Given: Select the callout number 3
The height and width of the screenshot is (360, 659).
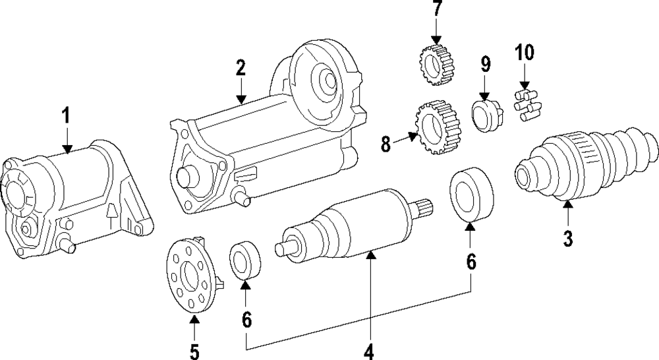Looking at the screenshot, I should coord(568,237).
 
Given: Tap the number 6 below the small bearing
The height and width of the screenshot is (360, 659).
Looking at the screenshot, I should coord(246,320).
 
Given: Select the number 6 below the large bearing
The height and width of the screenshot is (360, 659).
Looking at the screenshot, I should coord(471,262).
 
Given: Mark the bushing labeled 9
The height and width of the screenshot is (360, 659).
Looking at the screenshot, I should coord(487,115).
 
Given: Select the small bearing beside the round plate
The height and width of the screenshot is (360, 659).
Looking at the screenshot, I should coord(244,260).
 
